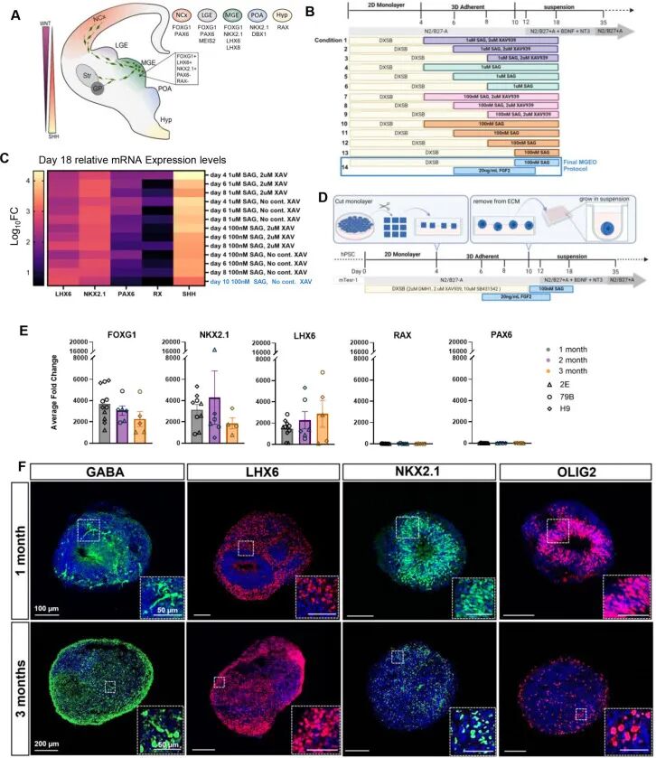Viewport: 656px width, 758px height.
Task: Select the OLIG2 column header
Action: pos(573,471)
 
